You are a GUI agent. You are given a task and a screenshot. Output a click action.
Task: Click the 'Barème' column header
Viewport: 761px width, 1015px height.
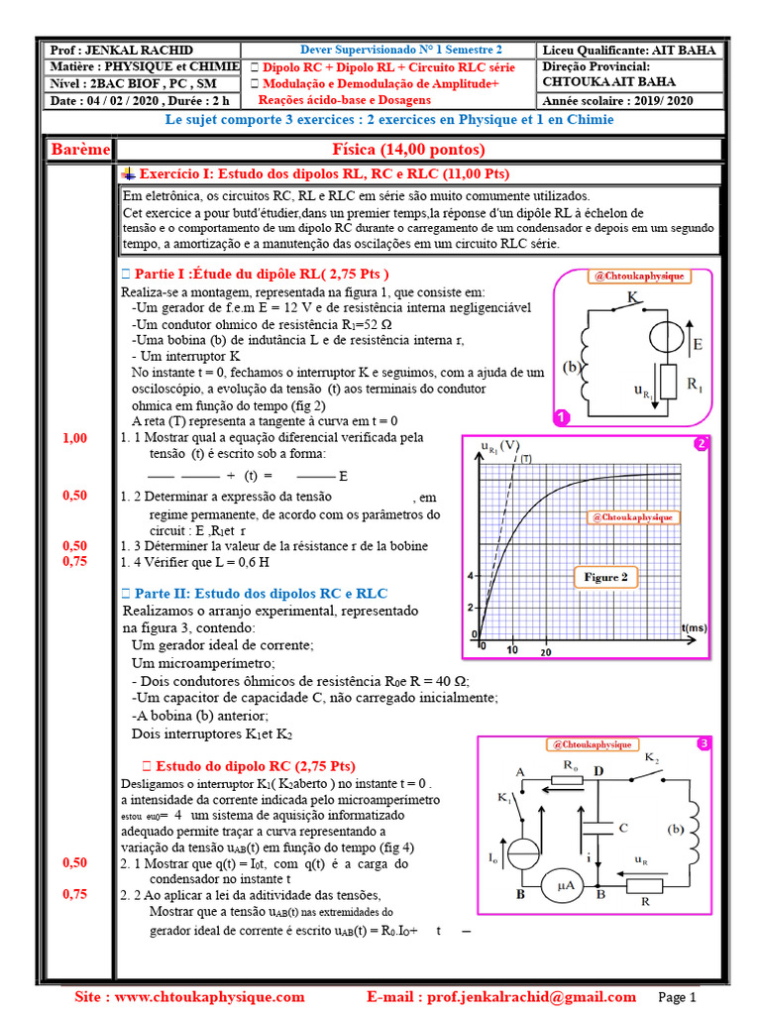coord(79,150)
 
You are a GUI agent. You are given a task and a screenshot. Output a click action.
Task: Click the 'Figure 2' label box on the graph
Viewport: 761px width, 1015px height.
coord(603,577)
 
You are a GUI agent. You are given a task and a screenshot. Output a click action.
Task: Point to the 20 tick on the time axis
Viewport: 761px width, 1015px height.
coord(545,651)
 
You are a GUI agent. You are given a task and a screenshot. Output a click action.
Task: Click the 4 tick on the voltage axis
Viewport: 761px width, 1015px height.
coord(472,575)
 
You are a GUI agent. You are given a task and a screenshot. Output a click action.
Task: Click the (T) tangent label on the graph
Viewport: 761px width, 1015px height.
coord(526,459)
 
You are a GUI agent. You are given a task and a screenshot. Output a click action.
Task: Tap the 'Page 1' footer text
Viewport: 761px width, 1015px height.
coord(679,997)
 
